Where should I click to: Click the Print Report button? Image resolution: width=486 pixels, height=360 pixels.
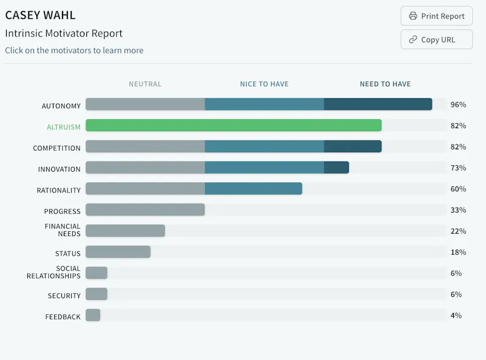click(436, 16)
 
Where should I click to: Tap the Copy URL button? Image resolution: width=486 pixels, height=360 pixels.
click(436, 39)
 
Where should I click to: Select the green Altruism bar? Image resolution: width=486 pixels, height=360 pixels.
click(234, 125)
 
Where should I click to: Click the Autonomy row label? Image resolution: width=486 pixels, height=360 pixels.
click(61, 106)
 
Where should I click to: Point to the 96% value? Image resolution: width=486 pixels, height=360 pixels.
click(458, 104)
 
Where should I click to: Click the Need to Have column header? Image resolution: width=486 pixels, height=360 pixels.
click(385, 84)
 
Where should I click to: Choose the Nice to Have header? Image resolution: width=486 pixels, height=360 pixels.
click(264, 84)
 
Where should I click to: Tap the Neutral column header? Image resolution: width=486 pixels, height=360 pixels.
click(145, 84)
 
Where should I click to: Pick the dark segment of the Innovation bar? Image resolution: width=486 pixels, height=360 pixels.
click(337, 168)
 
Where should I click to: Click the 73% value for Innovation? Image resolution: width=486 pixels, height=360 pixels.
click(458, 168)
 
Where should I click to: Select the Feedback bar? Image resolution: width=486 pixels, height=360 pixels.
click(93, 315)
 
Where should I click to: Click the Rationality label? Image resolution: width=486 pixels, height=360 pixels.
click(58, 190)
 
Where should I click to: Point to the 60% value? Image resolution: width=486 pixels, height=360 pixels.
click(458, 189)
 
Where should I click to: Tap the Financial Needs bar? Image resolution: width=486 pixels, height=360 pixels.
click(125, 231)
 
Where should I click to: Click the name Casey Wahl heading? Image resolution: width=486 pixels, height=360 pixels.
click(40, 15)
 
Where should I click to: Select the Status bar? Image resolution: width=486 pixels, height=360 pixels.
click(118, 252)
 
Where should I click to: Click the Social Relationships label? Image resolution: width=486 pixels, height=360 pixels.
click(53, 272)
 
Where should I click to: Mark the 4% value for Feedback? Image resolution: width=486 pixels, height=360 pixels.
click(456, 315)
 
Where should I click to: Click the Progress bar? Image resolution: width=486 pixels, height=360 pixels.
click(145, 209)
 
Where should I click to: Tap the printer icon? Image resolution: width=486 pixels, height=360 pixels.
click(413, 16)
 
